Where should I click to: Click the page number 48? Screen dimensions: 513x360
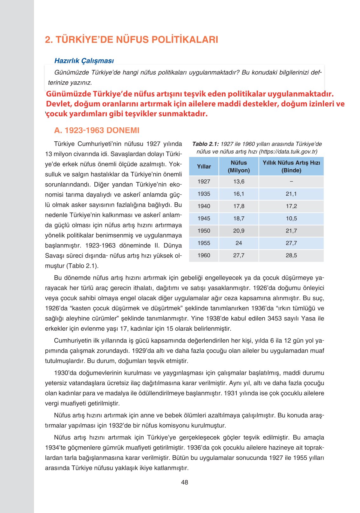click(184, 482)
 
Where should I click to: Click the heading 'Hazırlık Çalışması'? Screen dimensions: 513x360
click(84, 61)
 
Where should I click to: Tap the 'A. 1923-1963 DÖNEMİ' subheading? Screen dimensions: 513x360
click(97, 130)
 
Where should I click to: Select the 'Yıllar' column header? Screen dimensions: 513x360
click(204, 166)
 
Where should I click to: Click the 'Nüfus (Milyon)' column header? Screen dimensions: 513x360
click(239, 166)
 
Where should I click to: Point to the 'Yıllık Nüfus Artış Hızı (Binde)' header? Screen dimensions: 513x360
click(291, 166)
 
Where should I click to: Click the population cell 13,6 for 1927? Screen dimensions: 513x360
click(239, 181)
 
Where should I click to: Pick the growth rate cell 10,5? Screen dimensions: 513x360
click(291, 219)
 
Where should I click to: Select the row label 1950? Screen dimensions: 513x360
click(204, 231)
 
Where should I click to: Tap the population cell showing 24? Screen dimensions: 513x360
click(239, 243)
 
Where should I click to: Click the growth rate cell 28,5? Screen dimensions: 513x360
click(291, 255)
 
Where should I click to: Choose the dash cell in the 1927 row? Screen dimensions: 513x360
click(291, 181)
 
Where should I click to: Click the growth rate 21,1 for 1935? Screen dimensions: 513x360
click(291, 194)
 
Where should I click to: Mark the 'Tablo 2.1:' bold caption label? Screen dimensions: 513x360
click(205, 144)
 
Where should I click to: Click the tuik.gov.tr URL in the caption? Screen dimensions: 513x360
click(288, 152)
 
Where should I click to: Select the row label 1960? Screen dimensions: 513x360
click(204, 255)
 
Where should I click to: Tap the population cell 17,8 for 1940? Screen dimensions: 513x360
click(239, 206)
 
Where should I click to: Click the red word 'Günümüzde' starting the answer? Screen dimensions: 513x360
click(68, 94)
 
